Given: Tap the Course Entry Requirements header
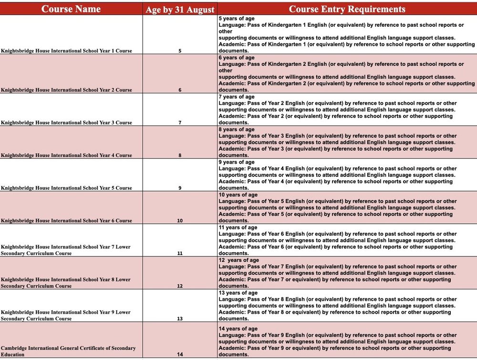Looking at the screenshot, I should click(347, 9).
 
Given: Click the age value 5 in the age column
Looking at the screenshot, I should click(180, 51).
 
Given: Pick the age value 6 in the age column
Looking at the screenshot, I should click(180, 90).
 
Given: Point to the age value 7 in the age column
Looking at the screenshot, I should click(180, 123).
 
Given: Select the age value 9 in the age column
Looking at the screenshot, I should click(180, 188).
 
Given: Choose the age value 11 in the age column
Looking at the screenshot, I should click(180, 253).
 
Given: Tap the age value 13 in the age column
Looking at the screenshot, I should click(180, 319).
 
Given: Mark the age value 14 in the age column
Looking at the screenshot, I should click(180, 354).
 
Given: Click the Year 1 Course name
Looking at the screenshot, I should click(67, 51).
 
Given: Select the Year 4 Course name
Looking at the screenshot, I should click(67, 155).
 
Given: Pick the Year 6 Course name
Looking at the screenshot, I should click(67, 220).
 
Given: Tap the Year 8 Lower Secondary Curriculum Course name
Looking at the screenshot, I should click(66, 283).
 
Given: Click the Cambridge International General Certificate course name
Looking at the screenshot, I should click(68, 351).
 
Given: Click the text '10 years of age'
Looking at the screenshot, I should click(238, 195).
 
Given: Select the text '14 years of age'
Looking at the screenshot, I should click(238, 329).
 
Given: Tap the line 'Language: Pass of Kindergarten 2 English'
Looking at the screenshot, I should click(341, 64).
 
